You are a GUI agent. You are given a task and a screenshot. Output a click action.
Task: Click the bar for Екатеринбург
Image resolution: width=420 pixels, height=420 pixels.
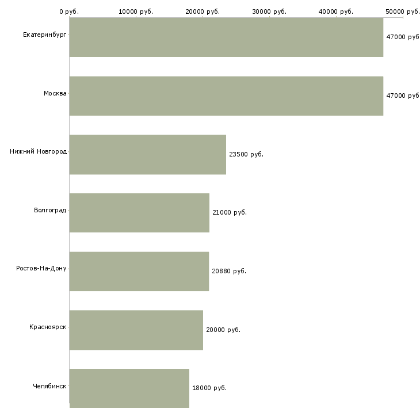point(226,37)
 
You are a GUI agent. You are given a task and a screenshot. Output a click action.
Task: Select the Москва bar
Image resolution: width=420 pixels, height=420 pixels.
point(226,96)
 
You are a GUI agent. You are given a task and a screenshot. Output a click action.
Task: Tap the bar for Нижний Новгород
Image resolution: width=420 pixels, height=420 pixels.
point(148,155)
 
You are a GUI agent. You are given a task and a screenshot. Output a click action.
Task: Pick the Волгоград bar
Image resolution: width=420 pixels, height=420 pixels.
point(139,213)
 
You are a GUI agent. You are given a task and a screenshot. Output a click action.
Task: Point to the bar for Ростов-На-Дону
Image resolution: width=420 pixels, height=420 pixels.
point(139,272)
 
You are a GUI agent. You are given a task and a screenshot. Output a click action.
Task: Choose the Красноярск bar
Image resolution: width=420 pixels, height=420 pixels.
point(136,330)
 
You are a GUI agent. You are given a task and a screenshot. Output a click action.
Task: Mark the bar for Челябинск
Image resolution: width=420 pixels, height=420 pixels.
point(129,388)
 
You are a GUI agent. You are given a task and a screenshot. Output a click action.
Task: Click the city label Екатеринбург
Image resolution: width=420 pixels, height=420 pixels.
point(44,35)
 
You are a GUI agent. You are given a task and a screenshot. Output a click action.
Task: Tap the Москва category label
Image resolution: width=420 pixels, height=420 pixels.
point(55,93)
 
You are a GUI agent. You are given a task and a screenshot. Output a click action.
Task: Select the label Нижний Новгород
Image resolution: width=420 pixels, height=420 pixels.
point(39,152)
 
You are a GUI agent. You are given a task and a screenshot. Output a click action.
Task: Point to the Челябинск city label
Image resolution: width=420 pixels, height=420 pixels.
point(49,386)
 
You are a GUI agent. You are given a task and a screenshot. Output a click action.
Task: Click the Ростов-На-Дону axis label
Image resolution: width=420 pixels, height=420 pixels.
point(41,268)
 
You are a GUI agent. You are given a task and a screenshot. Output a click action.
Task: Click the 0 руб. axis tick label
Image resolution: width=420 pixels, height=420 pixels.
point(69,12)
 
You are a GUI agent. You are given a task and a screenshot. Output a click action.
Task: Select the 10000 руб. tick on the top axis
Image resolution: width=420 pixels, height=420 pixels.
point(136,12)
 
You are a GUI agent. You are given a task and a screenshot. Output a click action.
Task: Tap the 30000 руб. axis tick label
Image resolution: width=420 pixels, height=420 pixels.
point(269,12)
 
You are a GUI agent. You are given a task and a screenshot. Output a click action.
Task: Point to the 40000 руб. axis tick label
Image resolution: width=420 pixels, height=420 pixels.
point(336,12)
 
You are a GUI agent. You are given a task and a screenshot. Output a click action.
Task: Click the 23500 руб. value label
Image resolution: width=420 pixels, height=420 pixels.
point(246,154)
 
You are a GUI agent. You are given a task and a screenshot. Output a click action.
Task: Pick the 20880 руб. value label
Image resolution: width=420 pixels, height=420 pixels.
point(229,271)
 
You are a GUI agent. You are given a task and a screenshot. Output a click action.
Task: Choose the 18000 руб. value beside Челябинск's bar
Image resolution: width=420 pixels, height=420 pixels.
point(209,388)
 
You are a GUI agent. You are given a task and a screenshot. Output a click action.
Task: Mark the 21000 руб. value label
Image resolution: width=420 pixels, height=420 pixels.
point(230,212)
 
